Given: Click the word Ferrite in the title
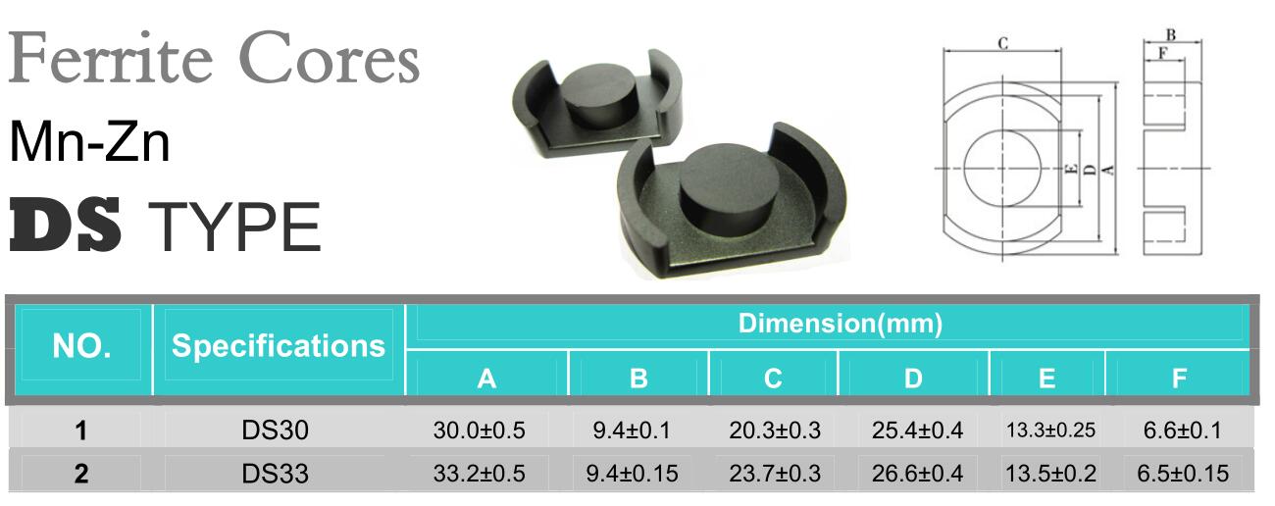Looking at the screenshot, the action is [x=111, y=58].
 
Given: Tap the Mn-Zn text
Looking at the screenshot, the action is [x=90, y=141].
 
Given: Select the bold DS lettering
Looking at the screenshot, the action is [x=66, y=225].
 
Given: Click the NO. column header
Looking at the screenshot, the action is [x=81, y=345].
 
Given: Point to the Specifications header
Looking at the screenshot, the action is [x=279, y=346].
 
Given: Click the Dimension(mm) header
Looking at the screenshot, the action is [x=841, y=324].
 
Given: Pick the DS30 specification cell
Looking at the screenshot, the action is [x=275, y=430].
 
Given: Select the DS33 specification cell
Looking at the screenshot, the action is [x=275, y=474].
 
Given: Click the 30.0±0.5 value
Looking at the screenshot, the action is [x=479, y=430].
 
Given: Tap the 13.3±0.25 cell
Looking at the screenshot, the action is [x=1050, y=430].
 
